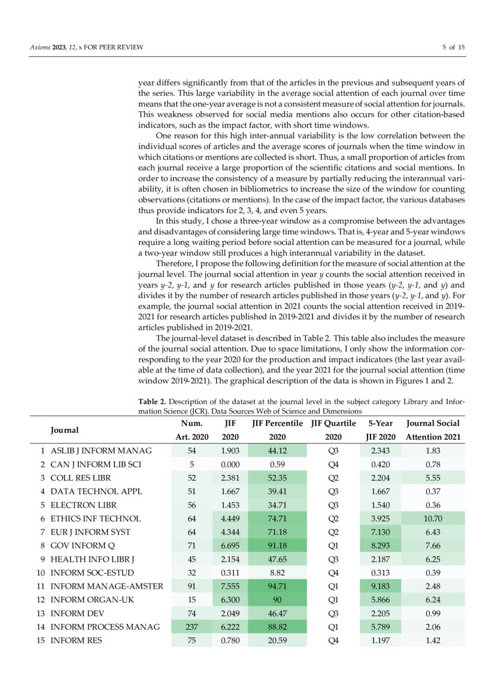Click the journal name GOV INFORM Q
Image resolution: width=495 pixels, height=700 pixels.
coord(83,546)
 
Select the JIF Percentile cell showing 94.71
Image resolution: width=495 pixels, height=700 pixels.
coord(278,586)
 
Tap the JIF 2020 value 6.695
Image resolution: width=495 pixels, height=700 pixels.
coord(230,546)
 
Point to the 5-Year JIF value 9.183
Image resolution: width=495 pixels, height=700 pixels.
coord(380,586)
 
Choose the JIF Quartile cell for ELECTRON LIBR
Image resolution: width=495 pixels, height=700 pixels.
coord(333,505)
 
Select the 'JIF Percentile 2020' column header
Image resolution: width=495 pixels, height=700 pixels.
coord(278,430)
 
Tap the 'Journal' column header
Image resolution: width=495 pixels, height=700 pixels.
coord(64,430)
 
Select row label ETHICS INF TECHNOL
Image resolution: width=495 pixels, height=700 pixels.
coord(95,519)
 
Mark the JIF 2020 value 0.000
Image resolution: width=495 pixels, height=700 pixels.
coord(230,464)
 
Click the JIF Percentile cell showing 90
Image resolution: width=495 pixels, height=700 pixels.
coord(278,600)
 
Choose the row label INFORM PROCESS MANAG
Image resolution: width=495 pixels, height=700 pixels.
coord(105,627)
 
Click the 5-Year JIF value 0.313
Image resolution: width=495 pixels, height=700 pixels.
coord(380,572)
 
